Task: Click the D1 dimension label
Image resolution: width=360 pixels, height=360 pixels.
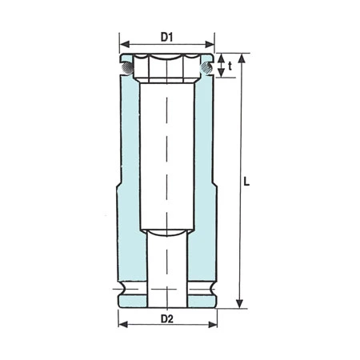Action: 167,36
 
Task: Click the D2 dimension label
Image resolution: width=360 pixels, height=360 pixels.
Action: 167,320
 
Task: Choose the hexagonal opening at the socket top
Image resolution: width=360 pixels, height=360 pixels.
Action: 167,68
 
